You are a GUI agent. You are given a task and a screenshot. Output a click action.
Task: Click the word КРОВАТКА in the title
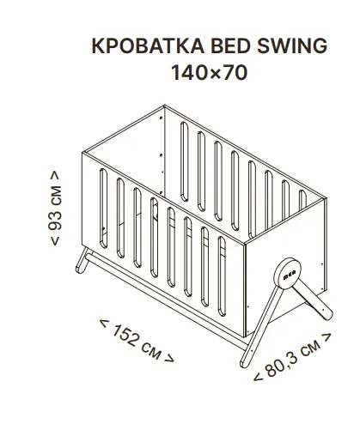pos(148,45)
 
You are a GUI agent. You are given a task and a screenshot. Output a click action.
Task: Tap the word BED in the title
pos(230,45)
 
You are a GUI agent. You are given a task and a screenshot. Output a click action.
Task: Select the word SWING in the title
pos(292,45)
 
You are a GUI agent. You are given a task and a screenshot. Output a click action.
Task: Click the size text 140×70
pos(209,72)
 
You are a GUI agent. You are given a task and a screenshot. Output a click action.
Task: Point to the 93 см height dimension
pos(55,208)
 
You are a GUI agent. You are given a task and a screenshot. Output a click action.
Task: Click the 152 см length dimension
pos(137,341)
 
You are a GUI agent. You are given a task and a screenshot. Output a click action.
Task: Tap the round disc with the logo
pos(287,274)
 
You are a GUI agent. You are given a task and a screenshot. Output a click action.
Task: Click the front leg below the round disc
pos(260,327)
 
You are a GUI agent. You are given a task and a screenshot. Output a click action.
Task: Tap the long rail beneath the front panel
pos(166,300)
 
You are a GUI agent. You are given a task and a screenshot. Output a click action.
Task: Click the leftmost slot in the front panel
pos(103,208)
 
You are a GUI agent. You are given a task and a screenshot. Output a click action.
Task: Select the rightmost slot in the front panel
pos(222,276)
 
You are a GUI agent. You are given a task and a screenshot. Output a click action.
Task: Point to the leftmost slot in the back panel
pos(185,161)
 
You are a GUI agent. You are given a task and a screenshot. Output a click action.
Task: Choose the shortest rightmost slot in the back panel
pos(302,200)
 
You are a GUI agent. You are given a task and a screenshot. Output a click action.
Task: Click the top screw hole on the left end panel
pos(161,118)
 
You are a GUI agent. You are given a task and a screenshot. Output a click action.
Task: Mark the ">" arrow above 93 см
pos(55,175)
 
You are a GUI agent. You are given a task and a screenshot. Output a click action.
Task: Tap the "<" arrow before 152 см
pos(104,324)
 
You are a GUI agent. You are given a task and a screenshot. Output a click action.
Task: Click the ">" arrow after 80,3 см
pos(326,337)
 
